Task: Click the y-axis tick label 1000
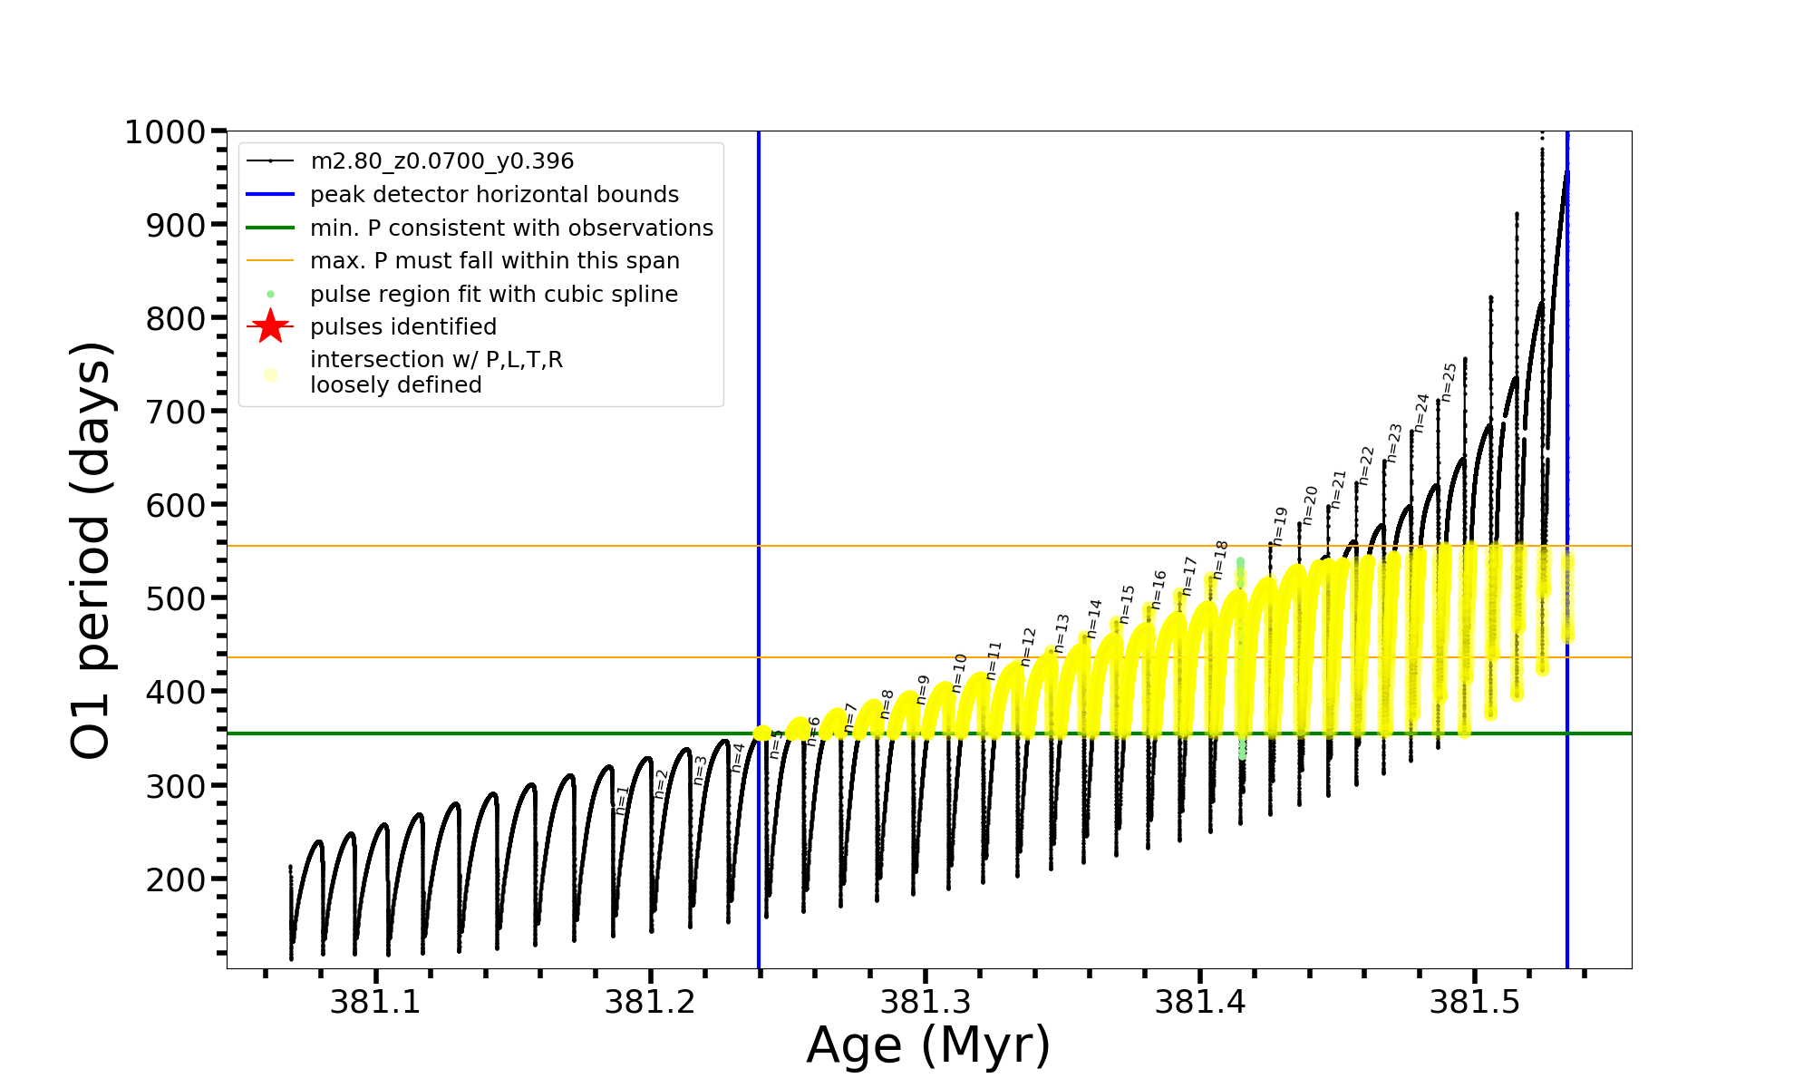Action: point(165,132)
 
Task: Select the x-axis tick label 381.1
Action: point(375,1002)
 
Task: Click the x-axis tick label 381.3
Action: point(926,1002)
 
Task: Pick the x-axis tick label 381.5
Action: point(1474,1002)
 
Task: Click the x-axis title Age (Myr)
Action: point(928,1045)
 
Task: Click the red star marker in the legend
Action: point(270,326)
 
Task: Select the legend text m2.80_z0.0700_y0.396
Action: point(441,161)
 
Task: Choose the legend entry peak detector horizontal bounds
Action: point(494,195)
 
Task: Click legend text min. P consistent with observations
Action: point(511,228)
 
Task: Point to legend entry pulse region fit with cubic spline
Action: point(493,295)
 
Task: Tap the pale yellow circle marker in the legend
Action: point(270,374)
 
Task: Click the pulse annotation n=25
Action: point(1449,382)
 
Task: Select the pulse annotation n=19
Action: point(1279,526)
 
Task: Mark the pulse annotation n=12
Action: point(1028,646)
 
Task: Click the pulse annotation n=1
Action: point(622,800)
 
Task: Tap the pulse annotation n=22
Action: point(1366,465)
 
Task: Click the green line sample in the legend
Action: point(270,228)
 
